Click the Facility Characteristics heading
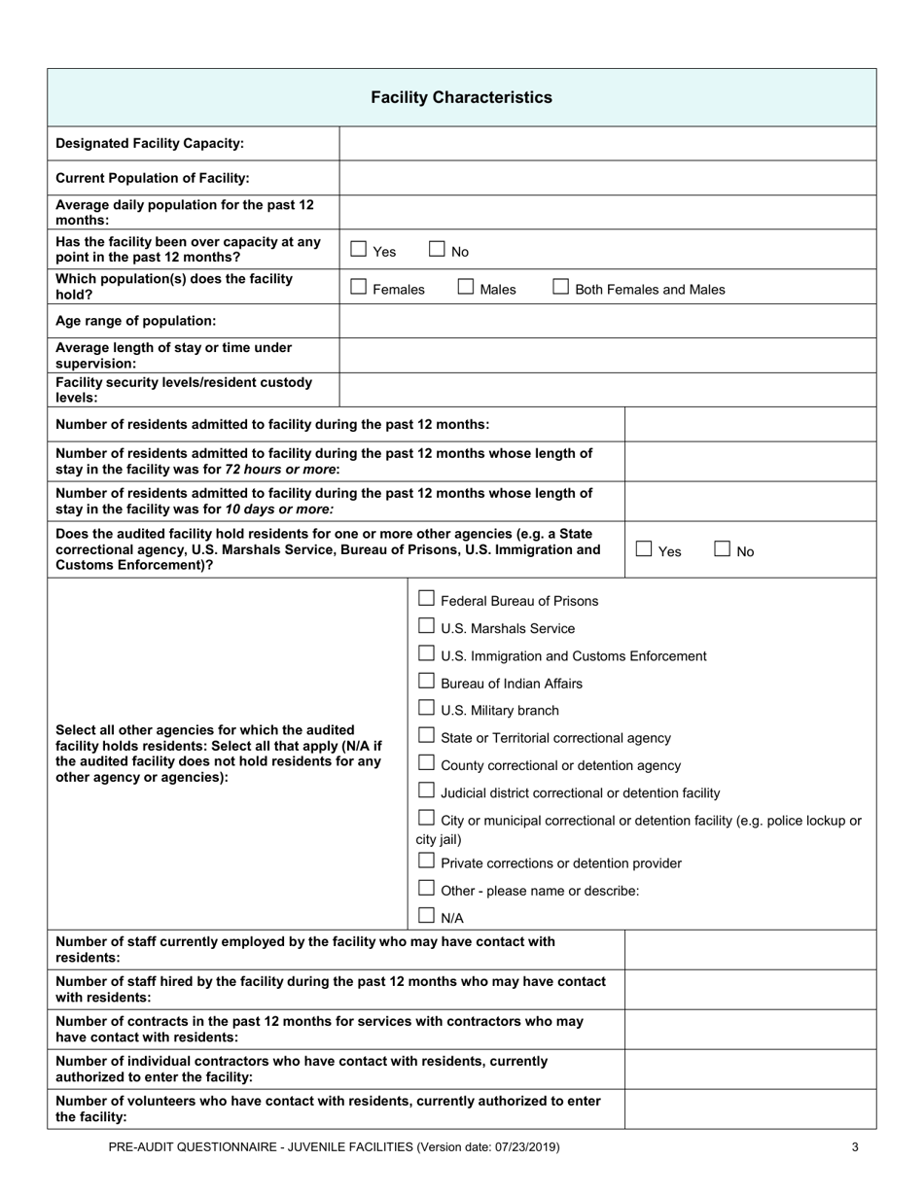(461, 97)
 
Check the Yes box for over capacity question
(359, 250)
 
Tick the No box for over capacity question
(437, 250)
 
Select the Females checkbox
(359, 288)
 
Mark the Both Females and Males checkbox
(561, 288)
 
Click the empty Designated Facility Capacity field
(607, 144)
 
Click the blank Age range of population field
(607, 321)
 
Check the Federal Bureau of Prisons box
(426, 599)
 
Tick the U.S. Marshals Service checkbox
(426, 626)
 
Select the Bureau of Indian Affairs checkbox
(426, 681)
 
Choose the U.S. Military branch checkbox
(426, 708)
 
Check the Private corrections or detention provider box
(426, 861)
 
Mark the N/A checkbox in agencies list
(426, 915)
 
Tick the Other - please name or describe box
(426, 888)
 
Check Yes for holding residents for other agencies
(644, 549)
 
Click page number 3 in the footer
(855, 1147)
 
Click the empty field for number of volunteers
(749, 1109)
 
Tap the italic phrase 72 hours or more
(282, 469)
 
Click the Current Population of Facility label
(153, 178)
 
